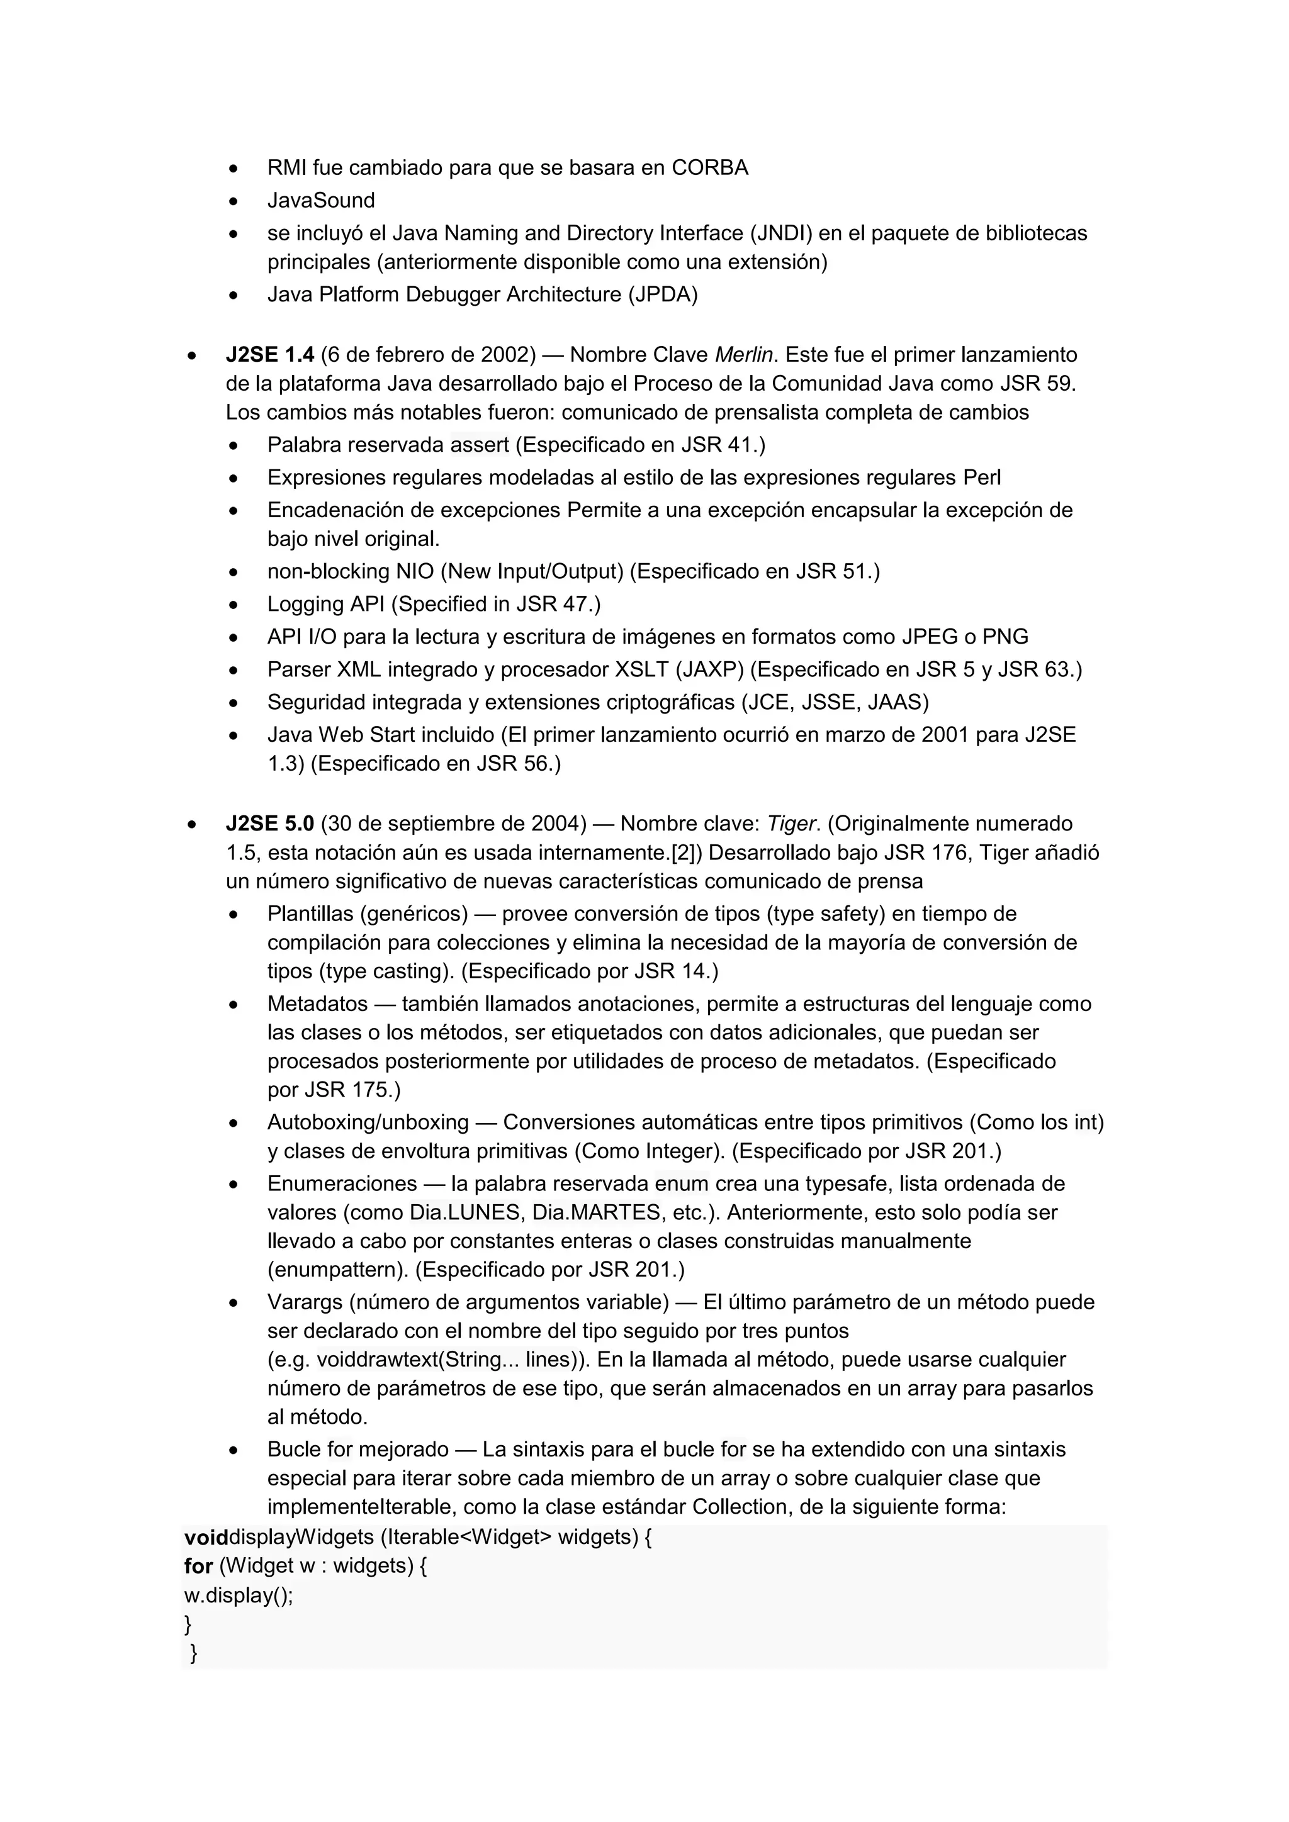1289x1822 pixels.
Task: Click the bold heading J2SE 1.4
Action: [x=270, y=355]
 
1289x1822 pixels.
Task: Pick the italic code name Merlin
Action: [x=744, y=355]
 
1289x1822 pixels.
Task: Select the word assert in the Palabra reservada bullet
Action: [x=480, y=445]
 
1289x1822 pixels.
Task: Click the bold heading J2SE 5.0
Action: [x=270, y=824]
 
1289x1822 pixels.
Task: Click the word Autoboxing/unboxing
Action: [x=368, y=1123]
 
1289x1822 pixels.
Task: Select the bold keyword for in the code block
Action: [x=198, y=1567]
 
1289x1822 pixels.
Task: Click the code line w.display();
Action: [x=238, y=1595]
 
